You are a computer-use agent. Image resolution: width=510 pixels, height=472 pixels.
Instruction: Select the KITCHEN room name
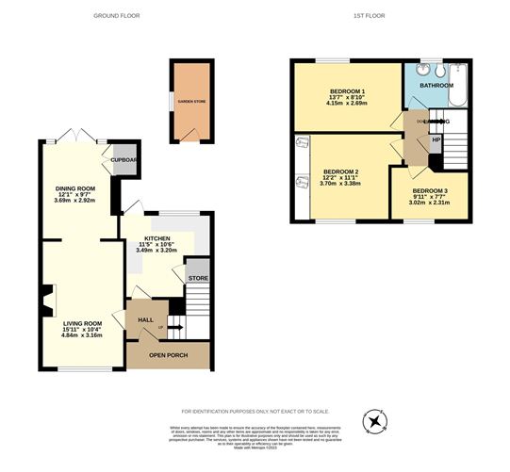pos(156,239)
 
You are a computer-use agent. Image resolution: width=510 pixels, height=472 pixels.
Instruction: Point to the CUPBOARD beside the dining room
pos(124,159)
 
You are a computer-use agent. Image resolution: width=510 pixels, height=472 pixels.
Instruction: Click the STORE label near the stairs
pos(197,279)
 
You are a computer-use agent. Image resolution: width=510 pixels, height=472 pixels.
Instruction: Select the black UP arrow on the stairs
pos(175,328)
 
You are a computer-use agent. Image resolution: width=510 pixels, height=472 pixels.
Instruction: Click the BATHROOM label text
pos(435,85)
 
